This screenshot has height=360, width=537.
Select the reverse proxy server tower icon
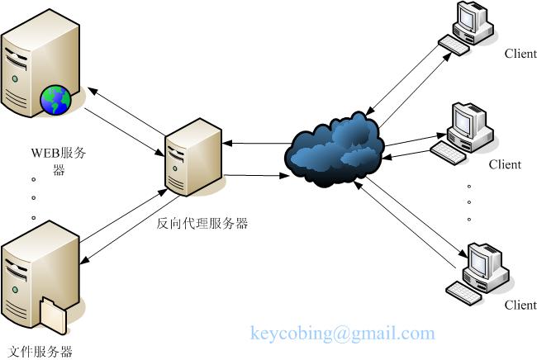pos(193,157)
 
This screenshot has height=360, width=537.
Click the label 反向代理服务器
pos(202,223)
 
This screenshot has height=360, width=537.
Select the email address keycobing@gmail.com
pos(342,334)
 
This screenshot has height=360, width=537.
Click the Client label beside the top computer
pos(520,54)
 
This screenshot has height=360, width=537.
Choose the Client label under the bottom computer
pos(520,305)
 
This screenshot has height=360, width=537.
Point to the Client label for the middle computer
pos(504,164)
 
